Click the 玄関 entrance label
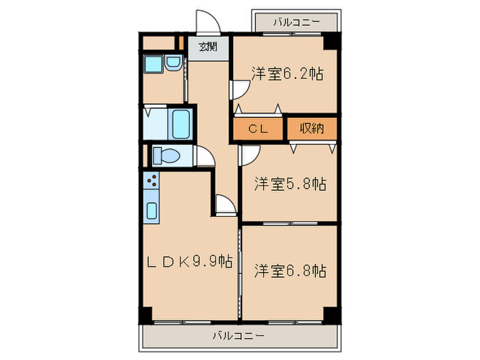(x=208, y=47)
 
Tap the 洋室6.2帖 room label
(x=287, y=73)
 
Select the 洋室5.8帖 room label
(x=290, y=184)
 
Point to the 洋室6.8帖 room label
(x=290, y=271)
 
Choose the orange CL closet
(x=257, y=128)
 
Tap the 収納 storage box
(x=311, y=128)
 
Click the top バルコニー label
(x=296, y=21)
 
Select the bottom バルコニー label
(x=238, y=336)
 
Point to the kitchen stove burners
(x=152, y=182)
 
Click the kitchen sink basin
(x=152, y=210)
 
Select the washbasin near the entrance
(x=172, y=65)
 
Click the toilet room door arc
(x=204, y=158)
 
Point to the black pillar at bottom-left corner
(x=145, y=315)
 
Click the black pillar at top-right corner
(x=332, y=41)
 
